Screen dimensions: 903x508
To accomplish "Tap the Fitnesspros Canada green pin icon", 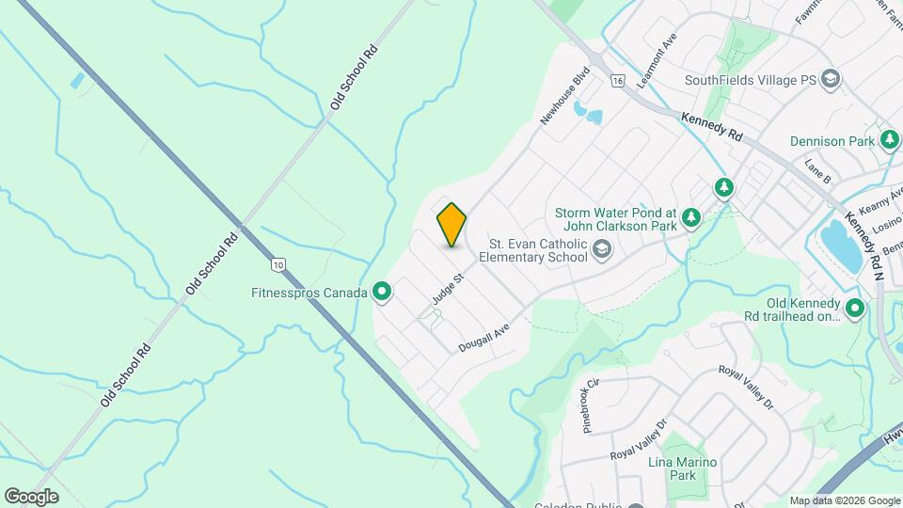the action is coord(382,293).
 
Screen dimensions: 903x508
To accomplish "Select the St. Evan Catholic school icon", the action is coord(603,248).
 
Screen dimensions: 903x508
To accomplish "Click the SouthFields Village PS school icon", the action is coord(831,80).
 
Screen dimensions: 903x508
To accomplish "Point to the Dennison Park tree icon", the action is coord(890,141).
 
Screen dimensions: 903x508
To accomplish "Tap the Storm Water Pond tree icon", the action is coord(691,218).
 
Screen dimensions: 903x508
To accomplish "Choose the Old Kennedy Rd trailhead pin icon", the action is coord(855,309).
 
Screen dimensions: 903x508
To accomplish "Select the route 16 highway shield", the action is coord(617,81).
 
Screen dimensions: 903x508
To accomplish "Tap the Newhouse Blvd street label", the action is coord(564,95).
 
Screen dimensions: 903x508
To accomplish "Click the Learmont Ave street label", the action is coord(657,61).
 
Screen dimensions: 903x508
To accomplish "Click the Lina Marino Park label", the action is coord(683,469).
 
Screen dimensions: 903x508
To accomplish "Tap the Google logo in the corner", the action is coord(31,496).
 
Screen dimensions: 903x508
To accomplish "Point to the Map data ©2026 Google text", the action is coord(844,500).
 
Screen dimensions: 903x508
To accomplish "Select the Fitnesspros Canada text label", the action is coord(309,293).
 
